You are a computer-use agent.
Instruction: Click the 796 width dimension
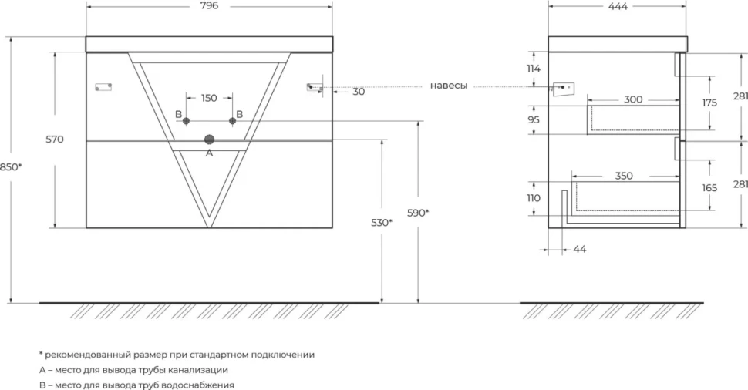click(210, 5)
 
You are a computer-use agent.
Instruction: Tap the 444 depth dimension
click(618, 6)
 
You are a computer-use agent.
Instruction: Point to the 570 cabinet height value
click(55, 140)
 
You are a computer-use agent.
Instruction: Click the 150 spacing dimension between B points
click(209, 98)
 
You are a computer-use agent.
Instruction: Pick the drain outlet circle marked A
click(210, 140)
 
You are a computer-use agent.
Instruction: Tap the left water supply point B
click(186, 121)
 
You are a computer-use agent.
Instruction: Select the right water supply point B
click(232, 121)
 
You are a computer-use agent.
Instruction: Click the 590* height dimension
click(418, 213)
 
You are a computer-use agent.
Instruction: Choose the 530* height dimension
click(382, 222)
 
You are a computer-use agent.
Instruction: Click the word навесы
click(449, 86)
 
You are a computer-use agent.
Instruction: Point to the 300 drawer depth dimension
click(633, 99)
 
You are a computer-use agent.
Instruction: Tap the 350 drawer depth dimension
click(624, 176)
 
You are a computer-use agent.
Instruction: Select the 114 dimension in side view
click(534, 69)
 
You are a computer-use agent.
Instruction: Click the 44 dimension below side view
click(580, 250)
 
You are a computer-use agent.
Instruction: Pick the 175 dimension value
click(709, 103)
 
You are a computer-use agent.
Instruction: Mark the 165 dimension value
click(709, 188)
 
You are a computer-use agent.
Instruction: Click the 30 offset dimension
click(359, 92)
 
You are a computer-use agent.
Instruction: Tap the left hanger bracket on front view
click(103, 87)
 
